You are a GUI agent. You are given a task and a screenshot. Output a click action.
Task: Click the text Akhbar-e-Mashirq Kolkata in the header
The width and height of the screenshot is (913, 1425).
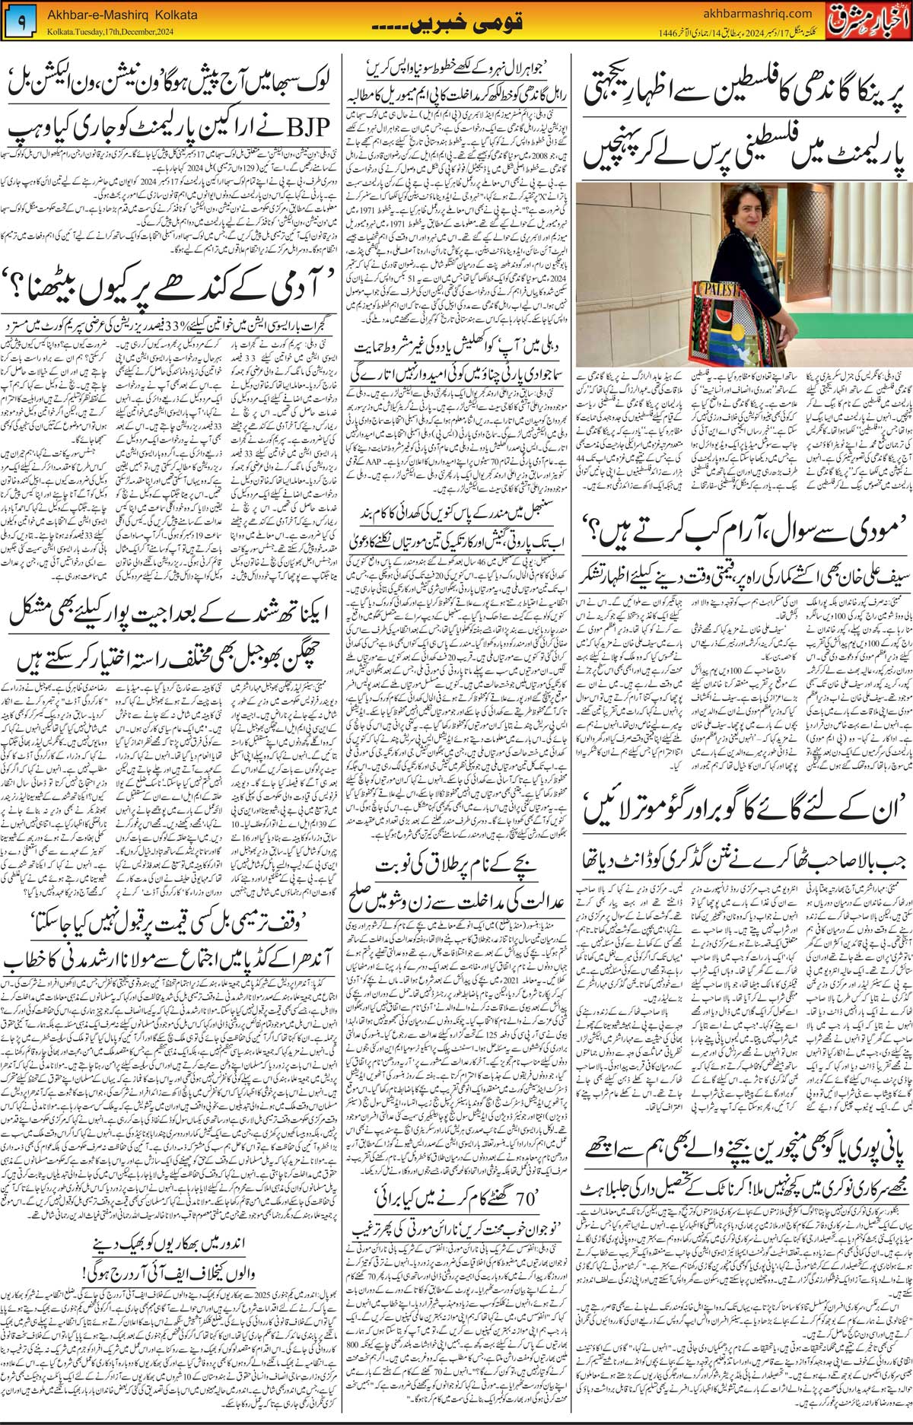click(x=122, y=15)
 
